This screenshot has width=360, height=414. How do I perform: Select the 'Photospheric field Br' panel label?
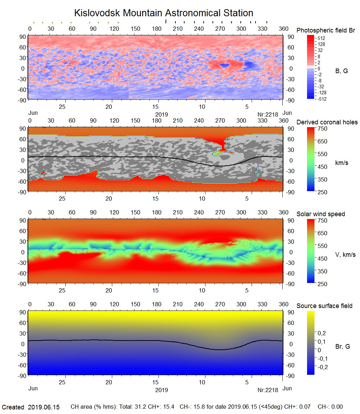coord(325,30)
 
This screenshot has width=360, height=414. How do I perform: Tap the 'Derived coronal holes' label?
coord(327,122)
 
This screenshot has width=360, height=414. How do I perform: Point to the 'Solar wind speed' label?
coord(320,214)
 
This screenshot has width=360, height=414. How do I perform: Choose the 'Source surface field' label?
coord(324,306)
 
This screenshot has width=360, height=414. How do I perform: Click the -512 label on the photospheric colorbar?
coord(322,99)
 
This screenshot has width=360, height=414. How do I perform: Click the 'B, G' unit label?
coord(341,71)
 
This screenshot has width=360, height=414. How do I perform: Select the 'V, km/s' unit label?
coord(345,255)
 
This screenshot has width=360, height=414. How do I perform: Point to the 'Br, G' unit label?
coord(342,347)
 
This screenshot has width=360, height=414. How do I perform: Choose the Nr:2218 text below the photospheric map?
coord(268,114)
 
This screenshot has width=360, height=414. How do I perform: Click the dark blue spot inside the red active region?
coord(224,65)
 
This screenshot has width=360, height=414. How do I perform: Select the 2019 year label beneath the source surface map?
coord(162,390)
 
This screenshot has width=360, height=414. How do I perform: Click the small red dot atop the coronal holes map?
coord(44,127)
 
